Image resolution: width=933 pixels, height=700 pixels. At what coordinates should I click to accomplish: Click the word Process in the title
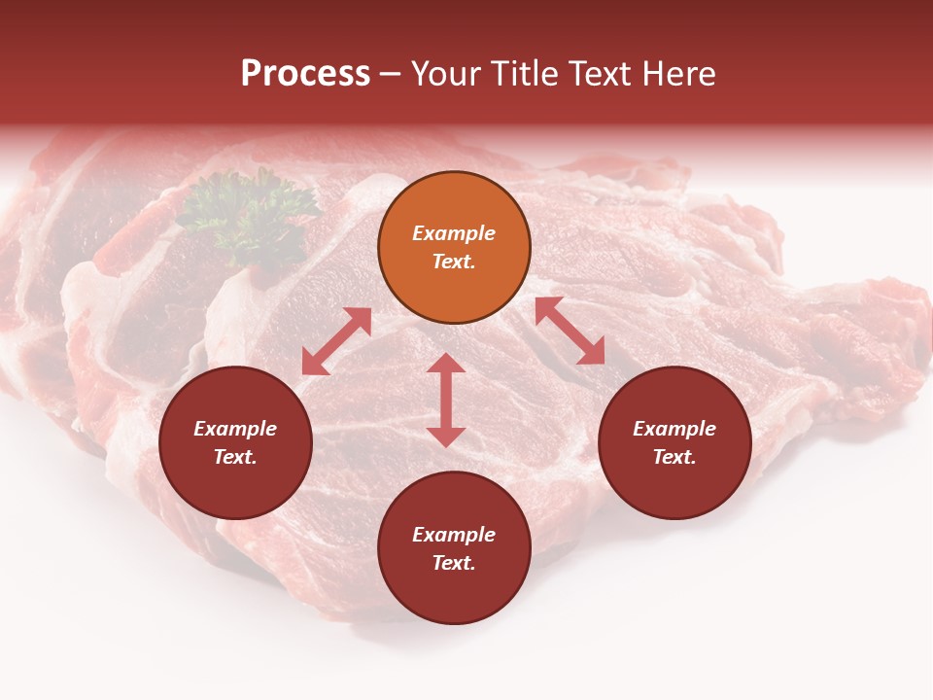coord(305,74)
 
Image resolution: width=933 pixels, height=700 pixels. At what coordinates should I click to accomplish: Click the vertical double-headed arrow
coord(446,400)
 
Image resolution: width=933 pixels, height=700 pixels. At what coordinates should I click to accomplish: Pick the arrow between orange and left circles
coord(336,341)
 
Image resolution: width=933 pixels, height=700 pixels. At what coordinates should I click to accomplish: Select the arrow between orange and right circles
coord(570,331)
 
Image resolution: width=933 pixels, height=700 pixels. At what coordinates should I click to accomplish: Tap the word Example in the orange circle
coord(454,233)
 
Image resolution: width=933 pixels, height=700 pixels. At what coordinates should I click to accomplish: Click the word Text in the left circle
coord(235,457)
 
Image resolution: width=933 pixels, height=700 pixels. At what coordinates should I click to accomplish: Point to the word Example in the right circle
coord(674,429)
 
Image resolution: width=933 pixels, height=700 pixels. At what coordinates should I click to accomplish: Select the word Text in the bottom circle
coord(454,563)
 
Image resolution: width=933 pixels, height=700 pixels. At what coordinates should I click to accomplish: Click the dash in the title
coord(391,74)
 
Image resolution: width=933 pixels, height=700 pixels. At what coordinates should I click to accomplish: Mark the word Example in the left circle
coord(235,429)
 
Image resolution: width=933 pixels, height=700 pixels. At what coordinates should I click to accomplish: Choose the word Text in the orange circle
coord(454,262)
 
